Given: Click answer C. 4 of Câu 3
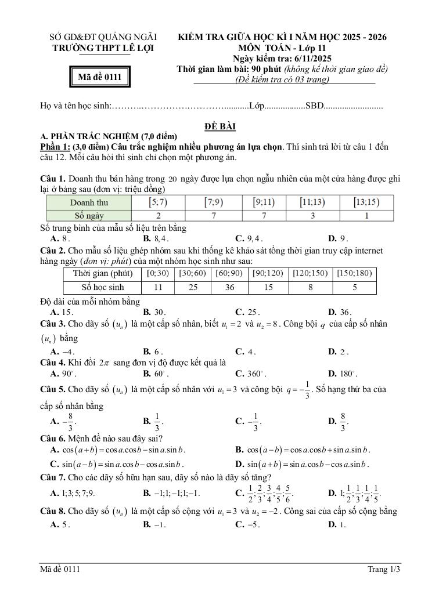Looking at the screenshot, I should (x=246, y=352).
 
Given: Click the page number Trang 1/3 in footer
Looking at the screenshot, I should (x=384, y=570).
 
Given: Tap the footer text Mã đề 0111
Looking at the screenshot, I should (x=60, y=570).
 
